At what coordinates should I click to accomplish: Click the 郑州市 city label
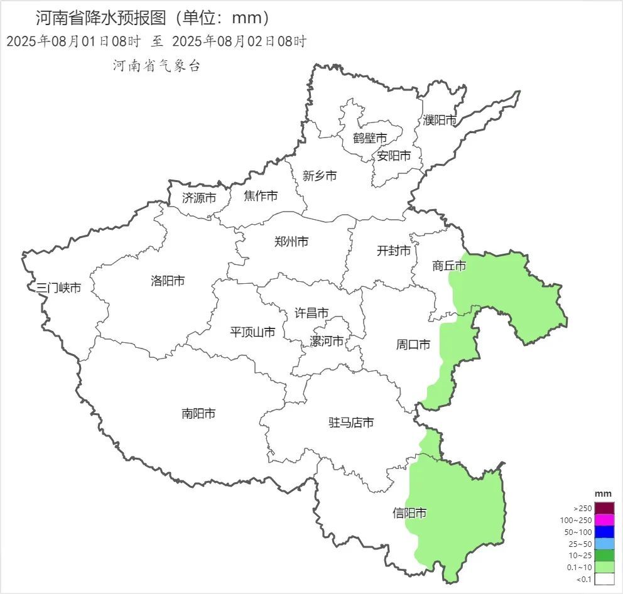(291, 241)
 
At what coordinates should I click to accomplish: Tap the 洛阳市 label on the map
(168, 281)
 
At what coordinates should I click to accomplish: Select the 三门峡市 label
(58, 288)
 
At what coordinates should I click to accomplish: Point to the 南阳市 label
(198, 413)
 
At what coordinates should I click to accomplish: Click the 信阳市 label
(409, 513)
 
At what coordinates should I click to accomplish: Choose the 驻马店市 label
(351, 423)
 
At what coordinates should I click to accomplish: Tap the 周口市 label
(413, 344)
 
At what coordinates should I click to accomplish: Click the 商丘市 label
(449, 266)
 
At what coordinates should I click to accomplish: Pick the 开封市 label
(394, 251)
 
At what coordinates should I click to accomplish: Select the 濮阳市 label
(440, 119)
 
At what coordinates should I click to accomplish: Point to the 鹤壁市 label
(369, 138)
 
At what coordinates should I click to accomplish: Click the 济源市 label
(199, 197)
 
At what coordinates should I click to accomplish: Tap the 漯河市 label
(327, 341)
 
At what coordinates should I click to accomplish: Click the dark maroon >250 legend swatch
(604, 508)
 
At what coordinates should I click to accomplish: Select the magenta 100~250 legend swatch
(604, 520)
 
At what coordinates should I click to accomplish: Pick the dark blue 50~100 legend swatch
(604, 532)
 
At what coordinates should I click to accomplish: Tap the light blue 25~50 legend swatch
(604, 544)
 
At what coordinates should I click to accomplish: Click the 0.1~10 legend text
(580, 568)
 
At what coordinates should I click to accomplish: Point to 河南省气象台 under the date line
(156, 66)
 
